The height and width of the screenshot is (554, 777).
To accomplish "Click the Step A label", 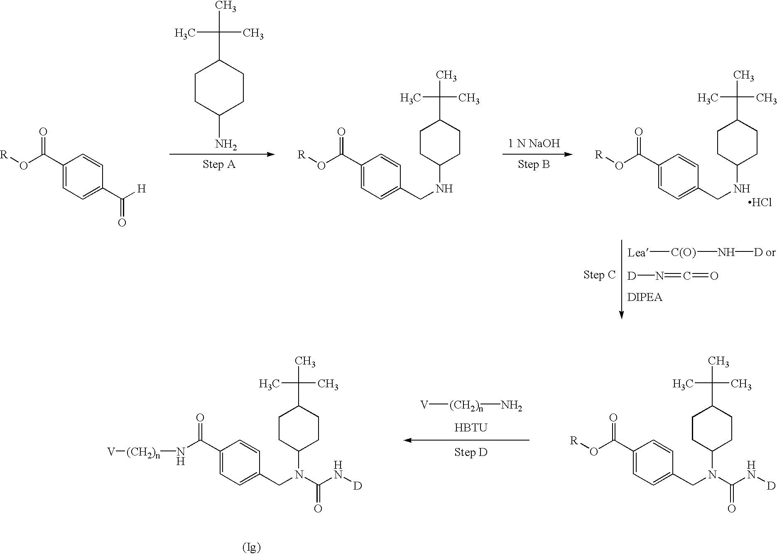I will tap(219, 165).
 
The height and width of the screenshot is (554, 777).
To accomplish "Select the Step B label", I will tap(534, 165).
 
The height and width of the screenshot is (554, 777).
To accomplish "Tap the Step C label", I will tap(599, 275).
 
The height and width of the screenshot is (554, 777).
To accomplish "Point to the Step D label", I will tap(471, 452).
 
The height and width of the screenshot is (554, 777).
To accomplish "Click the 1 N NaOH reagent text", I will tap(534, 144).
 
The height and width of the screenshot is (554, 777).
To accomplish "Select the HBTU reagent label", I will tap(471, 428).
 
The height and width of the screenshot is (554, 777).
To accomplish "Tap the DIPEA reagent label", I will tap(645, 298).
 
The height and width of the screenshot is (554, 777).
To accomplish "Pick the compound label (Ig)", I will tap(251, 547).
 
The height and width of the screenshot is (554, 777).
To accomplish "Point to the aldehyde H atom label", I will tap(142, 189).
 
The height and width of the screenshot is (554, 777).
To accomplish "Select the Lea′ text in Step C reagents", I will tap(637, 253).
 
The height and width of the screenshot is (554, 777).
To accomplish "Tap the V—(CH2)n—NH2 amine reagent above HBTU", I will tap(471, 405).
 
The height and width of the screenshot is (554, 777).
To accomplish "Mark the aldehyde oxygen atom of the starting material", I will tap(122, 223).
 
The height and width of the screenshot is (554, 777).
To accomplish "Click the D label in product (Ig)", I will tap(357, 486).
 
